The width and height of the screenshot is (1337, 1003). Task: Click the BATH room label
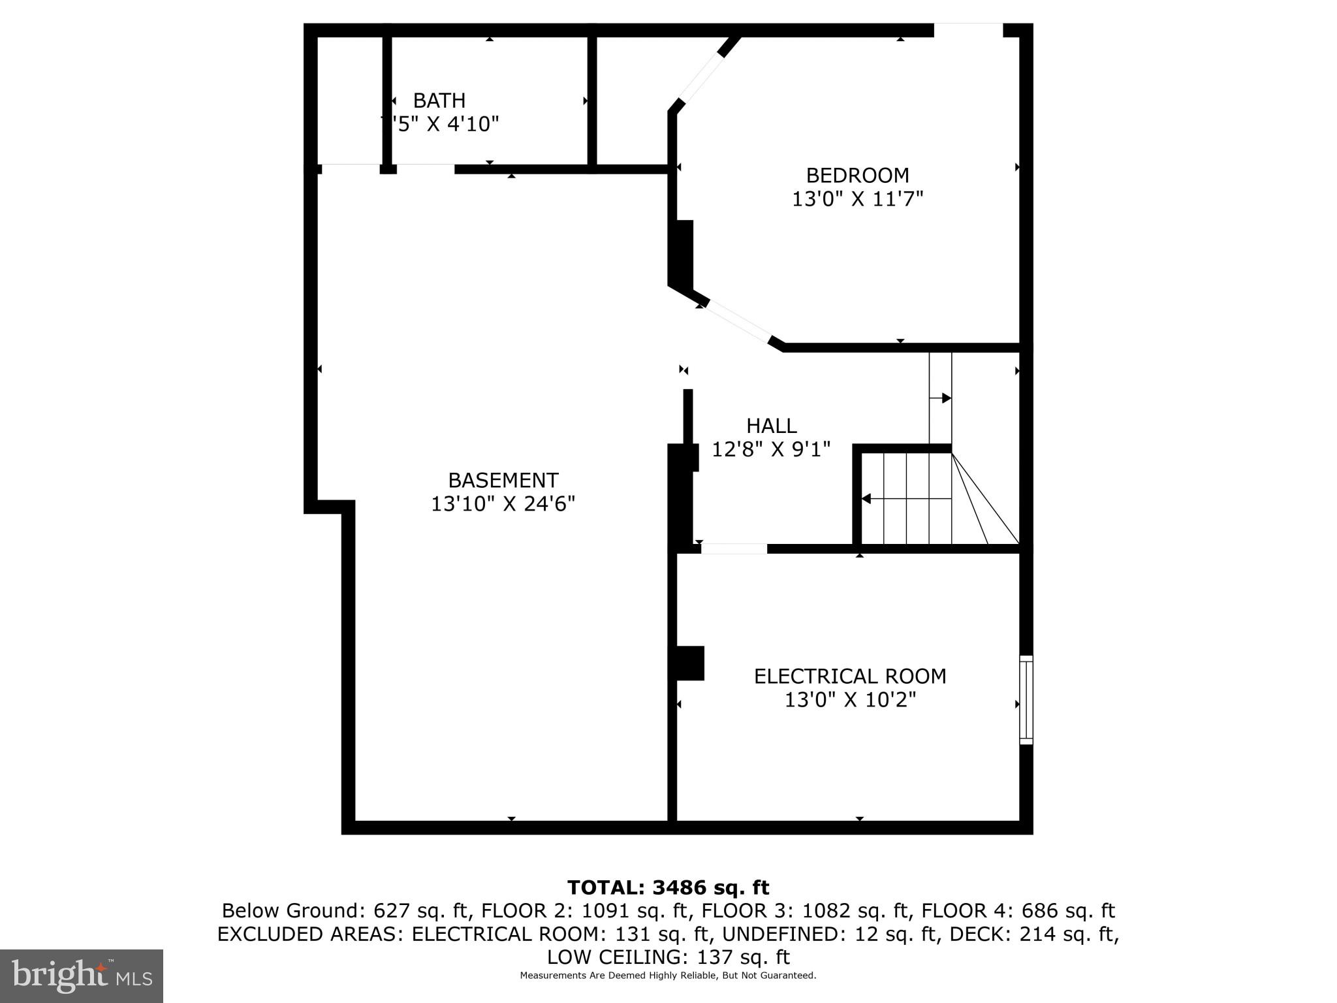tap(439, 101)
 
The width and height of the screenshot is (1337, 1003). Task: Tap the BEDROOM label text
tap(857, 176)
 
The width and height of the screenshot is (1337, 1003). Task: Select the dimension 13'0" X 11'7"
tap(857, 199)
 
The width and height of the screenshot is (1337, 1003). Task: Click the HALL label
tap(771, 426)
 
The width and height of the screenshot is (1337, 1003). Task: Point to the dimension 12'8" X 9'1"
tap(771, 449)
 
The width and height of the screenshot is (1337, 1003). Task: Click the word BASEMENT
tap(503, 481)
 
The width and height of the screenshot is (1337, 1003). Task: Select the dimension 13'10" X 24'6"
tap(503, 504)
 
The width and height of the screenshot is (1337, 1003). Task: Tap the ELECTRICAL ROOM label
tap(850, 676)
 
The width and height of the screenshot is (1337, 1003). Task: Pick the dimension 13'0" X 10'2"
tap(850, 700)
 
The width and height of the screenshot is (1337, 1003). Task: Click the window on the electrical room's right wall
tap(1026, 699)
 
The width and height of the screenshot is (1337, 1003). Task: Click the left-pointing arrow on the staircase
tap(867, 499)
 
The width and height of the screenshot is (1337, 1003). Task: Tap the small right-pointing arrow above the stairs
tap(945, 398)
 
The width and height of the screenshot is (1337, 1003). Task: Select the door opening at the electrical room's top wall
tap(734, 549)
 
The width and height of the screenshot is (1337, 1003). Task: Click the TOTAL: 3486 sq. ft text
tap(668, 887)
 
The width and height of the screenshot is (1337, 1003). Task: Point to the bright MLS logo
tap(82, 976)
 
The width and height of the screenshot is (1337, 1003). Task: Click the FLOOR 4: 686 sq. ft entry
tap(1018, 911)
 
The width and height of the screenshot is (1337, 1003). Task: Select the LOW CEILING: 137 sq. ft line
tap(668, 957)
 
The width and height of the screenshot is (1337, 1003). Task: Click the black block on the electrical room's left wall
tap(690, 663)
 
